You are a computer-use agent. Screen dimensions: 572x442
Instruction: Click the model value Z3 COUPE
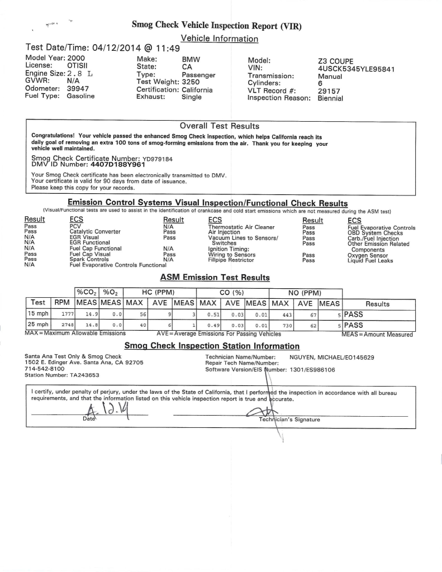[335, 61]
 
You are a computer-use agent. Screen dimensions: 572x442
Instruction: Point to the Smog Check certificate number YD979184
[158, 159]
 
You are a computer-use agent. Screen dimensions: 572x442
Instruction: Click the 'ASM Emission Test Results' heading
[215, 277]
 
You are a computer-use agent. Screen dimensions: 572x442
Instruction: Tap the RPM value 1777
[68, 314]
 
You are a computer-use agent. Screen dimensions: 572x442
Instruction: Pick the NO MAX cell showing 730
[287, 325]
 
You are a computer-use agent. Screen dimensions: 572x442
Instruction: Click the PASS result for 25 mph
[353, 325]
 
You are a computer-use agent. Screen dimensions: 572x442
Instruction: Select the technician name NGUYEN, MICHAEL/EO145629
[331, 356]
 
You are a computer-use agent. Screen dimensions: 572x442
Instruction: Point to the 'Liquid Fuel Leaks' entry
[369, 260]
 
